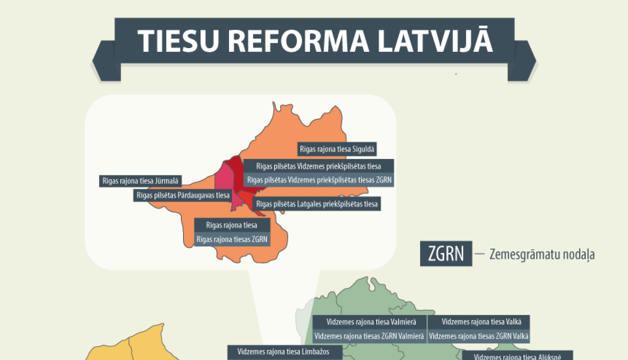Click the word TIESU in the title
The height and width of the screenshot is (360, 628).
pos(178,41)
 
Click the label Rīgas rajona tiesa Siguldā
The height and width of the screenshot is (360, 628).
pos(337,149)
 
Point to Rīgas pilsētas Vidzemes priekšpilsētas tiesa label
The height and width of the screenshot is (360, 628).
pos(319,166)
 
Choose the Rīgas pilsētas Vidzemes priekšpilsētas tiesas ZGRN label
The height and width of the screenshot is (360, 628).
pos(319,180)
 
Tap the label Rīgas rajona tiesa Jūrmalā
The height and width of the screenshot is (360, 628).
pos(140,181)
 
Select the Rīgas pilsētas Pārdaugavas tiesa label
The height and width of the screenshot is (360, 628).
pos(183,195)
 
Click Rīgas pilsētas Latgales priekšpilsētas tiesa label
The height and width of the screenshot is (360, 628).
pos(317,204)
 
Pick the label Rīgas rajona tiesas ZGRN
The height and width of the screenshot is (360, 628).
pos(232,239)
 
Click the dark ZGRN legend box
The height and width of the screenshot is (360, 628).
pos(446,254)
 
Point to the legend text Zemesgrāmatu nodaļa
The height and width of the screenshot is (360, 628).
pos(542,254)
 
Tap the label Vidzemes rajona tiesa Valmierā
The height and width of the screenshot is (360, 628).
pos(371,322)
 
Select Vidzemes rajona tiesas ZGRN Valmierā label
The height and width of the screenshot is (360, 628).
pos(369,336)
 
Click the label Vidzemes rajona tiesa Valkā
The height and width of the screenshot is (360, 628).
pos(481,322)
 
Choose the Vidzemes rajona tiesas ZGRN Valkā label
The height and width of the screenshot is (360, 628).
pos(479,336)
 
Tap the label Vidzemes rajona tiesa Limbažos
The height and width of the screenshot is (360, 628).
pos(283,352)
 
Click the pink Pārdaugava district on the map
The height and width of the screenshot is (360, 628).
pos(223,178)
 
